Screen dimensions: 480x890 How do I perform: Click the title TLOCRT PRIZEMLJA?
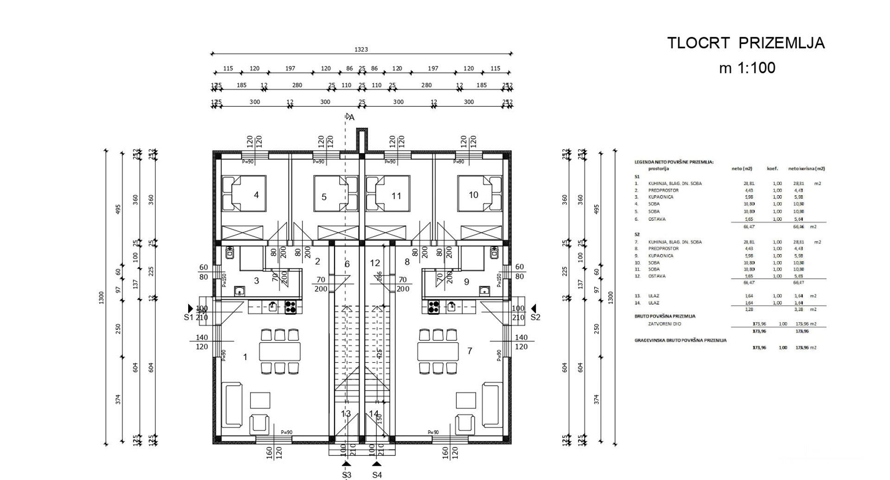point(746,43)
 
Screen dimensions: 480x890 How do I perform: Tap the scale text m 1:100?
point(747,68)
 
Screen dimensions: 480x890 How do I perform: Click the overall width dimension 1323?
point(361,49)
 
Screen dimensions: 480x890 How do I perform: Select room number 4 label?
point(256,195)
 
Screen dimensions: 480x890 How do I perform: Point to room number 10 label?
point(473,195)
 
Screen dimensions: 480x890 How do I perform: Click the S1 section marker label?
point(188,317)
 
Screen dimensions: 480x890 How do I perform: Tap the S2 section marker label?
point(535,317)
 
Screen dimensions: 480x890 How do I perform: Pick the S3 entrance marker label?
point(347,474)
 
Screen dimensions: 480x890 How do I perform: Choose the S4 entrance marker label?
point(377,474)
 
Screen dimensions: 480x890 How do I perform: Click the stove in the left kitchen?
point(290,307)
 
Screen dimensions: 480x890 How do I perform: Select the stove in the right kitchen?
point(434,307)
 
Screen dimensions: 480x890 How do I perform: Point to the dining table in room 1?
point(280,351)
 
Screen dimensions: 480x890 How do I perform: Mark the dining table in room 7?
point(438,351)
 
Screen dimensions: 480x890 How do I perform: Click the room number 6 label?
point(347,264)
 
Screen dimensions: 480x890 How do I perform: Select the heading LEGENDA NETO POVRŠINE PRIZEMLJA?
point(674,162)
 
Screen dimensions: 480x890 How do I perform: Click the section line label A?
point(352,118)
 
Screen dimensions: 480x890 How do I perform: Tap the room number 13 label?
point(346,414)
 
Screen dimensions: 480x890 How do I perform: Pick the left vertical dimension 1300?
point(102,298)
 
